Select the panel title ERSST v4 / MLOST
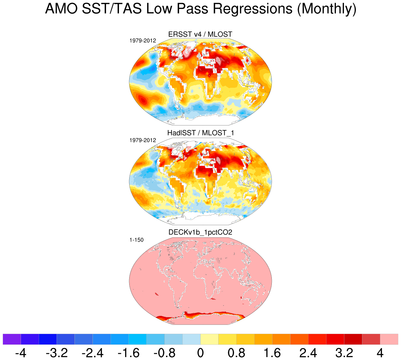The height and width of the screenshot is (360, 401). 200,35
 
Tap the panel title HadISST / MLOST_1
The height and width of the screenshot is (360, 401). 200,133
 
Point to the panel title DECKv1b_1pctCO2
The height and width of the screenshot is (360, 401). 200,232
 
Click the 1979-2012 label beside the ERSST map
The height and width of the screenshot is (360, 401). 142,41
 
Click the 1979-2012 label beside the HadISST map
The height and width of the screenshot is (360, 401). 142,140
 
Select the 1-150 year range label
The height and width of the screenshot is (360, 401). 136,240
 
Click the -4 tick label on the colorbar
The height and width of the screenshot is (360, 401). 21,353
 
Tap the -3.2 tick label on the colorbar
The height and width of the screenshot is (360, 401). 57,353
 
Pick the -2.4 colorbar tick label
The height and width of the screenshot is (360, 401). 93,353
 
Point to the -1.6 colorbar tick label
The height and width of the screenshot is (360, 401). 129,353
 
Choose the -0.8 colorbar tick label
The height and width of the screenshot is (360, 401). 164,353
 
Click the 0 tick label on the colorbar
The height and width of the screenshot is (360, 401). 200,353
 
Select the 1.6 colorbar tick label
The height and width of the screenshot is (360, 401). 272,353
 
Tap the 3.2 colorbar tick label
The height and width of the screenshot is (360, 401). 344,353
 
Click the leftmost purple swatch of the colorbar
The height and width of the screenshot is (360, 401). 12,339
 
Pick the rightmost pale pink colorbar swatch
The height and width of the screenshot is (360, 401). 389,339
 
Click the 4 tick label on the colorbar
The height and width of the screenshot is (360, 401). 380,353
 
